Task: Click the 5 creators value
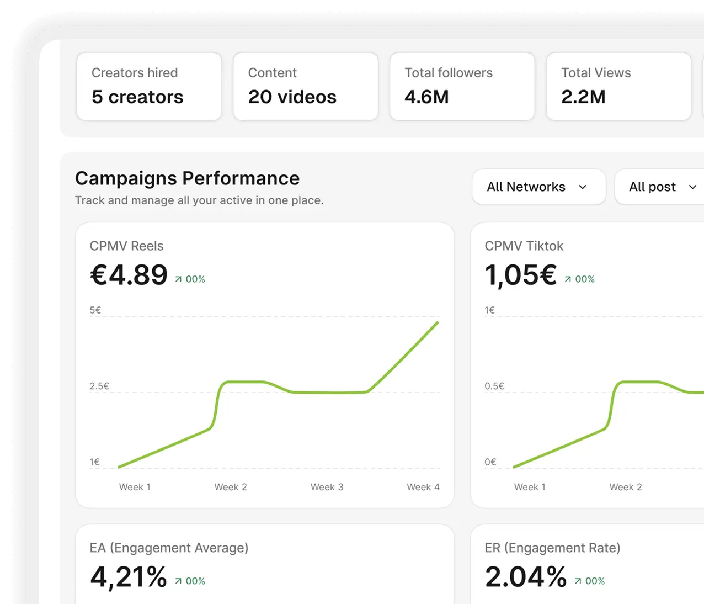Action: [x=137, y=97]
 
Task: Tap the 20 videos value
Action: [x=292, y=97]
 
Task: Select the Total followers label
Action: [x=449, y=73]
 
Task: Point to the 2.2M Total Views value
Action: [x=583, y=97]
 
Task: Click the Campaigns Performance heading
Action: [x=188, y=178]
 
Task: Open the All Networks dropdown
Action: [x=539, y=187]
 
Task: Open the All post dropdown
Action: [x=659, y=187]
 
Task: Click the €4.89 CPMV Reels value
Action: [x=129, y=275]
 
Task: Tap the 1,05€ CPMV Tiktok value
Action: [x=520, y=275]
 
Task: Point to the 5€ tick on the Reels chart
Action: [x=95, y=310]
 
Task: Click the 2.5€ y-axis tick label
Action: [x=99, y=386]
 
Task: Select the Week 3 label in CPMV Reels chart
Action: [x=327, y=487]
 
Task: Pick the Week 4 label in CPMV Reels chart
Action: [x=423, y=487]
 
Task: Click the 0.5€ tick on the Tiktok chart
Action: [x=494, y=386]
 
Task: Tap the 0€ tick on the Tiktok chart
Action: [x=490, y=462]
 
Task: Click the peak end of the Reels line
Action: [x=438, y=322]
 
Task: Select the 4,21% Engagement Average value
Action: [x=129, y=577]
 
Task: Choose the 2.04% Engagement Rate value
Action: [x=526, y=577]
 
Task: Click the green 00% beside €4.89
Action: [x=195, y=279]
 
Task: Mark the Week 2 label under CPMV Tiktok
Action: [x=626, y=487]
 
